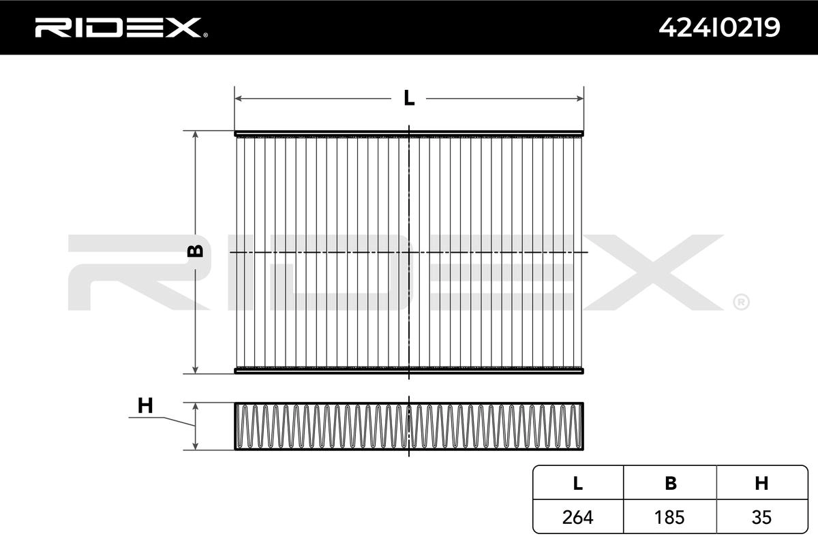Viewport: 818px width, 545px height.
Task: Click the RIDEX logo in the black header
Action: pos(121,28)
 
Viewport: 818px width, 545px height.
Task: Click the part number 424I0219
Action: pos(719,28)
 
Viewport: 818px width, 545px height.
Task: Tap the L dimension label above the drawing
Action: pos(409,98)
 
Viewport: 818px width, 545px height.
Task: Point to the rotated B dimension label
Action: pos(195,251)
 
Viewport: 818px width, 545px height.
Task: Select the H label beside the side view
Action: pos(145,405)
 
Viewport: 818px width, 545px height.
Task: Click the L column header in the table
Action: pos(578,483)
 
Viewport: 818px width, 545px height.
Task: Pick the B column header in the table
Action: pos(671,483)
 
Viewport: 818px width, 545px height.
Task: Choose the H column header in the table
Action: pos(761,483)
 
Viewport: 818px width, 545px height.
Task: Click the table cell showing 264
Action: pos(578,517)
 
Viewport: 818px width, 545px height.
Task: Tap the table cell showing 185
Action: pos(669,517)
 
